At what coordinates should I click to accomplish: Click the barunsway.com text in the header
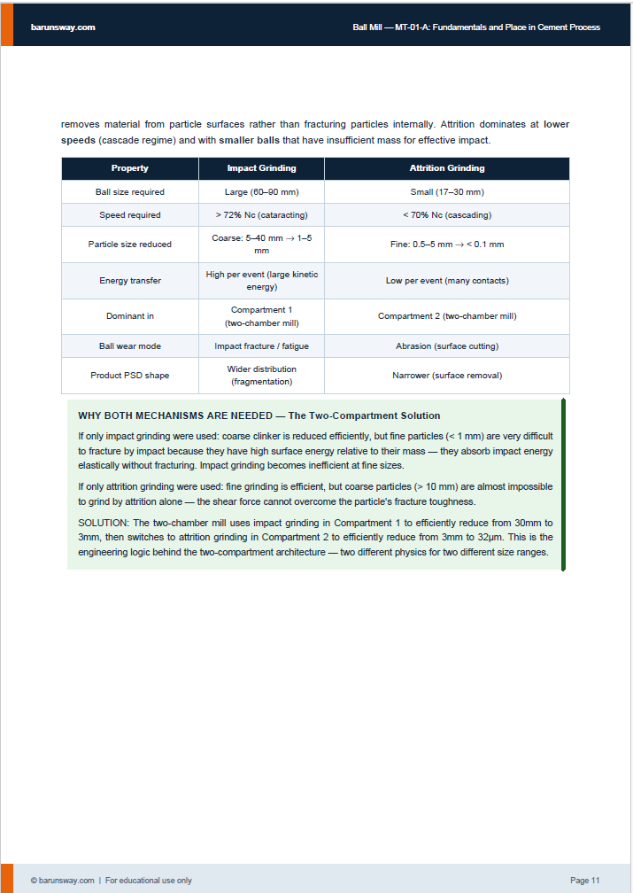coord(62,27)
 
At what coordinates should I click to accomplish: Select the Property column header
coord(130,168)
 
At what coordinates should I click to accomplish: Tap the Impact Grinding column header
coord(261,168)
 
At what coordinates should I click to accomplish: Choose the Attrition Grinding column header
coord(447,168)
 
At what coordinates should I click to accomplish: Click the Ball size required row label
coord(130,192)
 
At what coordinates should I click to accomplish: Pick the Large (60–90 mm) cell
coord(261,192)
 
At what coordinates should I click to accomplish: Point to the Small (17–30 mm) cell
coord(447,192)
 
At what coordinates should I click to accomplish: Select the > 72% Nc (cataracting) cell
coord(261,215)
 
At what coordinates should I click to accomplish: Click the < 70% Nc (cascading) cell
coord(447,215)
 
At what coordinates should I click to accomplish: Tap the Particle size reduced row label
coord(130,245)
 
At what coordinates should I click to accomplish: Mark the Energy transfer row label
coord(130,281)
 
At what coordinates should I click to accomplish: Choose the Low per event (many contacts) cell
coord(447,281)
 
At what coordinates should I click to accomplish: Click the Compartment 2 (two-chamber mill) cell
coord(447,316)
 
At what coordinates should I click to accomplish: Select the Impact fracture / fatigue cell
coord(261,346)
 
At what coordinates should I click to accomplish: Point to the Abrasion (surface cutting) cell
coord(447,346)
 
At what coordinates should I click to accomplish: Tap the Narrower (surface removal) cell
coord(447,376)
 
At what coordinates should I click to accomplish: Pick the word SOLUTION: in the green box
coord(103,524)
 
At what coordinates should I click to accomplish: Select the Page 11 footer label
coord(584,881)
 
